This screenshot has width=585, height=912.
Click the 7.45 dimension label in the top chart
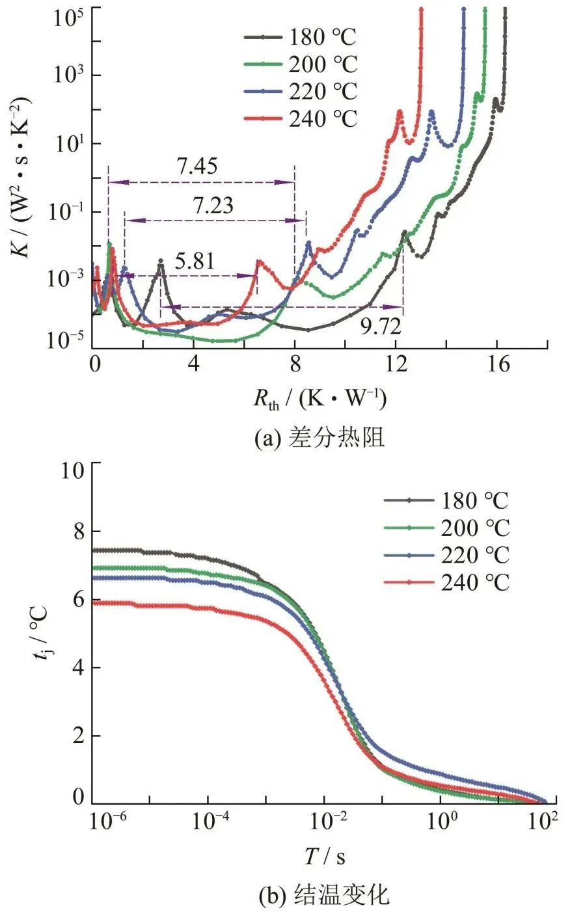point(198,167)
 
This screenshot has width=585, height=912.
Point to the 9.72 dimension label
point(381,325)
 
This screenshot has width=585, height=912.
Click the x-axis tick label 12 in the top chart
point(396,364)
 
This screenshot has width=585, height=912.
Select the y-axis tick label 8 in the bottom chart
point(77,532)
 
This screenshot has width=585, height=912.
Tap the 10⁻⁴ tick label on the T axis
point(209,822)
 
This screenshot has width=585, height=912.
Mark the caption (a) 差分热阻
point(319,438)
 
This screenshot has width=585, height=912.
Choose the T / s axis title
point(325,857)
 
